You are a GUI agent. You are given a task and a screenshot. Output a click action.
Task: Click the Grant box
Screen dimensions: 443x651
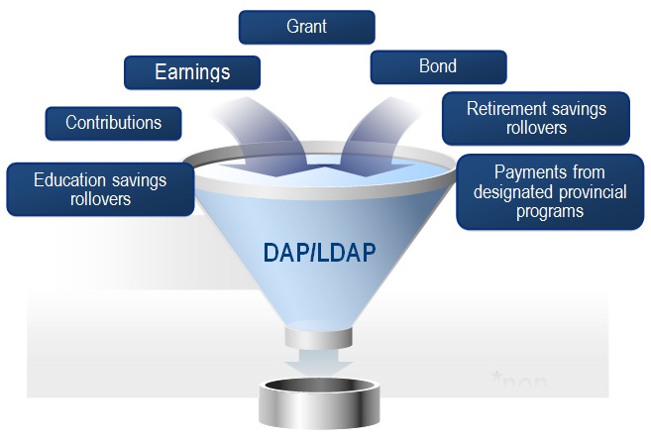[306, 27]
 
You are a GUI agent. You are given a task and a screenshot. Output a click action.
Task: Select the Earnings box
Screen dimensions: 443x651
[192, 72]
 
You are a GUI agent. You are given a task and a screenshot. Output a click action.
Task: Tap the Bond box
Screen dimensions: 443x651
[438, 67]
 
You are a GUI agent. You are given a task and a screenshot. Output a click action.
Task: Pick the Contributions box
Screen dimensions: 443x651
[113, 123]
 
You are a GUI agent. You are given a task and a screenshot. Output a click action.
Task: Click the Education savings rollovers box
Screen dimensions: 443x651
[100, 188]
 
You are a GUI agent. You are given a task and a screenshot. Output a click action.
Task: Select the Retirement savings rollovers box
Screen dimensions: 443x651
[536, 118]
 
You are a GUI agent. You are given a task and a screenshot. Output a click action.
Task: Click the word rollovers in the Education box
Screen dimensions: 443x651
[99, 198]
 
